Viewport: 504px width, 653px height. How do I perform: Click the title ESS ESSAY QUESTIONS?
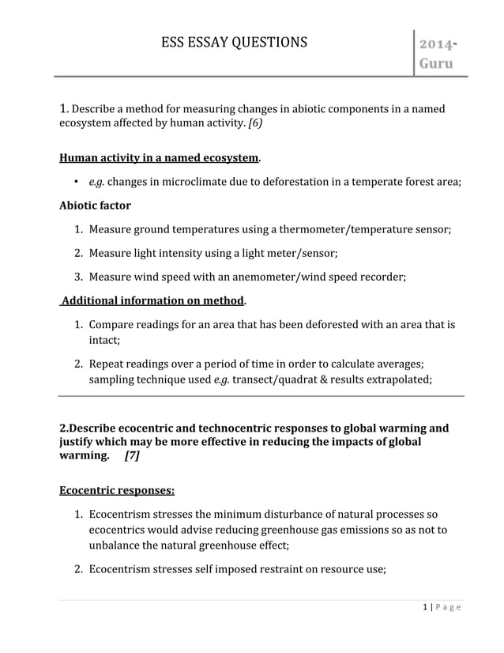coord(234,42)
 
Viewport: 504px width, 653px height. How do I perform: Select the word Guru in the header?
coord(435,62)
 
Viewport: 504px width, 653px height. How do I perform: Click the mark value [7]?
coord(132,457)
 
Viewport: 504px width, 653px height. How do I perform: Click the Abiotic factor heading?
coord(95,206)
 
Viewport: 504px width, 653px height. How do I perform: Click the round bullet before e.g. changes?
coord(75,182)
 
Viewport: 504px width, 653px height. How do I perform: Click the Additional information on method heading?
coord(153,301)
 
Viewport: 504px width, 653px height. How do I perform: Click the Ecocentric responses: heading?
coord(117,490)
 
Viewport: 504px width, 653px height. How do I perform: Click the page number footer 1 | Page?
coord(442,607)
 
